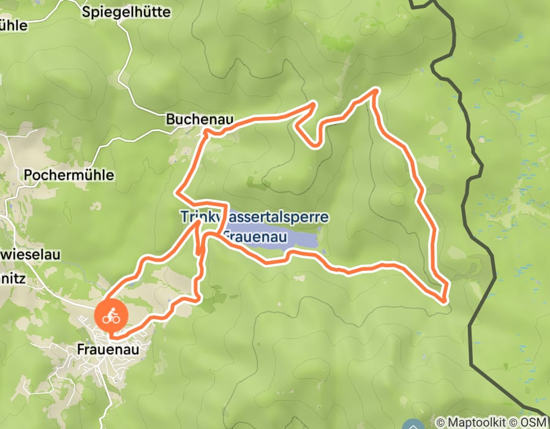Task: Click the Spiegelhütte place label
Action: coord(126,12)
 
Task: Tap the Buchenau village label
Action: coord(200,120)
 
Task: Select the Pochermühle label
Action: coord(69,175)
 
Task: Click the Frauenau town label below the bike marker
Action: coord(108,349)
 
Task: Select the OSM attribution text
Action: coord(535,422)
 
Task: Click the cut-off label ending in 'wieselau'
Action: coord(30,254)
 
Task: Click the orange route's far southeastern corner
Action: coord(446,299)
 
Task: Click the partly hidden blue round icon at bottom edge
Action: coord(415,425)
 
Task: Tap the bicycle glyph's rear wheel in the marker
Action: coord(107,319)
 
